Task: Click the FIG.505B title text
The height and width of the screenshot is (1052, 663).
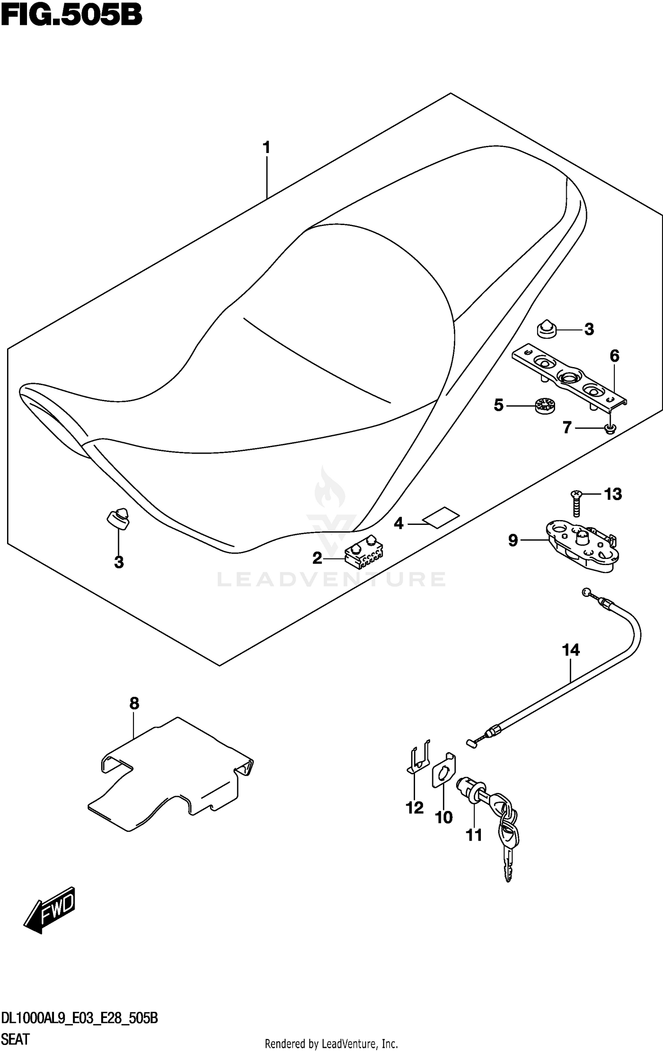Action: point(72,16)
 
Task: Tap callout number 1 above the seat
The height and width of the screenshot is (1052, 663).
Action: point(266,147)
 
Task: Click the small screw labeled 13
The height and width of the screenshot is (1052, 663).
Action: point(576,503)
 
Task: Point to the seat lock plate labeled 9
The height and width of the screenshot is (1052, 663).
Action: point(581,547)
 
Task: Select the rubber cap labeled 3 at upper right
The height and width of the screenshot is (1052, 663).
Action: point(547,329)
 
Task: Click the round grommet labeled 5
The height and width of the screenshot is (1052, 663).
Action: point(545,405)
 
